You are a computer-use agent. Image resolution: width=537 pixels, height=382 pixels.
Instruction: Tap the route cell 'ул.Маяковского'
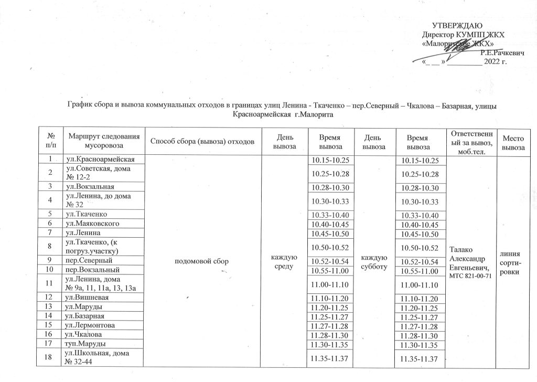(90, 224)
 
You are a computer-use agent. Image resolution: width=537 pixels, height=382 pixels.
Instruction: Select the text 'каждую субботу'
(374, 261)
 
